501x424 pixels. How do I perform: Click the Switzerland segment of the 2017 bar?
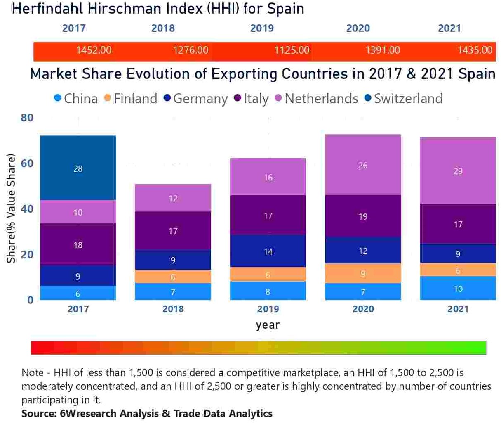tap(78, 168)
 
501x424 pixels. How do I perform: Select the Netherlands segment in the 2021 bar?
tap(458, 171)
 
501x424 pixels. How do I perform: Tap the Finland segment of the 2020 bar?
tap(363, 273)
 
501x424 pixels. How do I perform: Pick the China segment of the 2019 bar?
tap(268, 291)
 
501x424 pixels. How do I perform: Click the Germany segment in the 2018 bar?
tap(173, 260)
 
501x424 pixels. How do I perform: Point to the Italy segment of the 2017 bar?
tap(78, 244)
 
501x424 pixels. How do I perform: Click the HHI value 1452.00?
tap(94, 50)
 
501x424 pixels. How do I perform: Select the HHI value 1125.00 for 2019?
tap(292, 50)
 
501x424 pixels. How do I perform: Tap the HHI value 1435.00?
tap(475, 50)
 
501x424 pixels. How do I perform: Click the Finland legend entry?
tap(131, 99)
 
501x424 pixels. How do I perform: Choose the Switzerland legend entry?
tap(404, 99)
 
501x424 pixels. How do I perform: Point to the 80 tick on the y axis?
tap(27, 118)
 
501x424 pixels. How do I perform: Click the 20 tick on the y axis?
tap(27, 254)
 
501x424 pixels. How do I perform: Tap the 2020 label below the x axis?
tap(363, 309)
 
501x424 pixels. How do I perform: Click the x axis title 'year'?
tap(268, 325)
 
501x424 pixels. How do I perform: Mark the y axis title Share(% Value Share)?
tap(11, 208)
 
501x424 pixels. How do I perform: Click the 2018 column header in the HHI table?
tap(163, 28)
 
